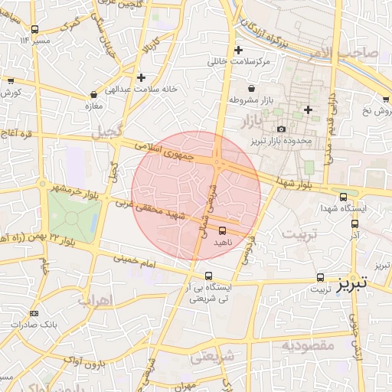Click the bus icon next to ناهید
(x=223, y=230)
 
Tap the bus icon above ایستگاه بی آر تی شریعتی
(x=209, y=276)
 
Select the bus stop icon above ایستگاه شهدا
(x=342, y=196)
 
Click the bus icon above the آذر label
(x=354, y=224)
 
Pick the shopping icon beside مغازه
(x=93, y=95)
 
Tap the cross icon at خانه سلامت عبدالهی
(x=141, y=77)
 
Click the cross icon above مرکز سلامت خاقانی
(x=238, y=51)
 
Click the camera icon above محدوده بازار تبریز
(x=281, y=129)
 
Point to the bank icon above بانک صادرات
(x=33, y=313)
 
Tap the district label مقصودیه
(x=308, y=345)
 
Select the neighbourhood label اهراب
(x=96, y=299)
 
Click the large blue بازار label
(x=251, y=121)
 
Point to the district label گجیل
(x=107, y=132)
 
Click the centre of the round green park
(x=72, y=218)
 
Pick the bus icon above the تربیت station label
(x=321, y=279)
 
